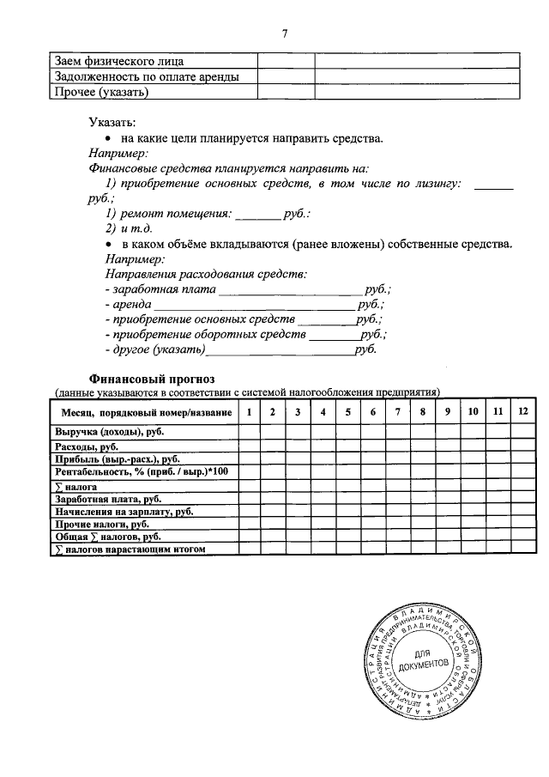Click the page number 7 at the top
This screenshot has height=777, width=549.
283,33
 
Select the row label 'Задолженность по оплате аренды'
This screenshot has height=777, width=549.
146,77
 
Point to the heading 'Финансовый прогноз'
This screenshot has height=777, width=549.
152,379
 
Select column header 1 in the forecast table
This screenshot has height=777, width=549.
249,413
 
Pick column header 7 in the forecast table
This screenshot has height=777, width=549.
397,413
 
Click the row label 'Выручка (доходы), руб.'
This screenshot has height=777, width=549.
110,434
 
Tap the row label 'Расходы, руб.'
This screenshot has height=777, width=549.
87,446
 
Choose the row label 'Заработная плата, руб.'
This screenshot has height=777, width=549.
109,499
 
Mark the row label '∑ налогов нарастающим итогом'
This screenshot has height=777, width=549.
130,549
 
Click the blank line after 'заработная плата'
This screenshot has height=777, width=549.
292,292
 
